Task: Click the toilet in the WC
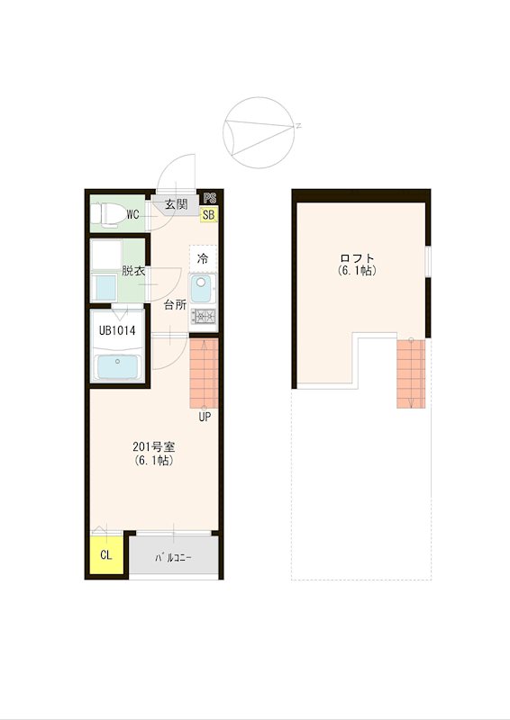(x=108, y=213)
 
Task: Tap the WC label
(x=132, y=214)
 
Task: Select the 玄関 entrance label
(x=176, y=204)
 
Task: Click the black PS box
(x=210, y=198)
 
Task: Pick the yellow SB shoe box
(x=209, y=214)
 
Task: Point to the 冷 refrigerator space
(x=203, y=259)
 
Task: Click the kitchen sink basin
(x=202, y=288)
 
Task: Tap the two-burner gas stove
(x=204, y=316)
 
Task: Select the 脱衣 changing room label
(x=133, y=271)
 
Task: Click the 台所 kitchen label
(x=175, y=305)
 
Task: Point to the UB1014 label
(x=117, y=330)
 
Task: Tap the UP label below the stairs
(x=205, y=417)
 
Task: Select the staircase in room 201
(x=204, y=373)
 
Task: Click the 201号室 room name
(x=153, y=446)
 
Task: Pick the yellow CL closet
(x=106, y=554)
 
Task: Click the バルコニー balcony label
(x=173, y=558)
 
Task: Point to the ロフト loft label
(x=358, y=258)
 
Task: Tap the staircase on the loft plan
(x=411, y=373)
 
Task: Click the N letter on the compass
(x=298, y=126)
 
